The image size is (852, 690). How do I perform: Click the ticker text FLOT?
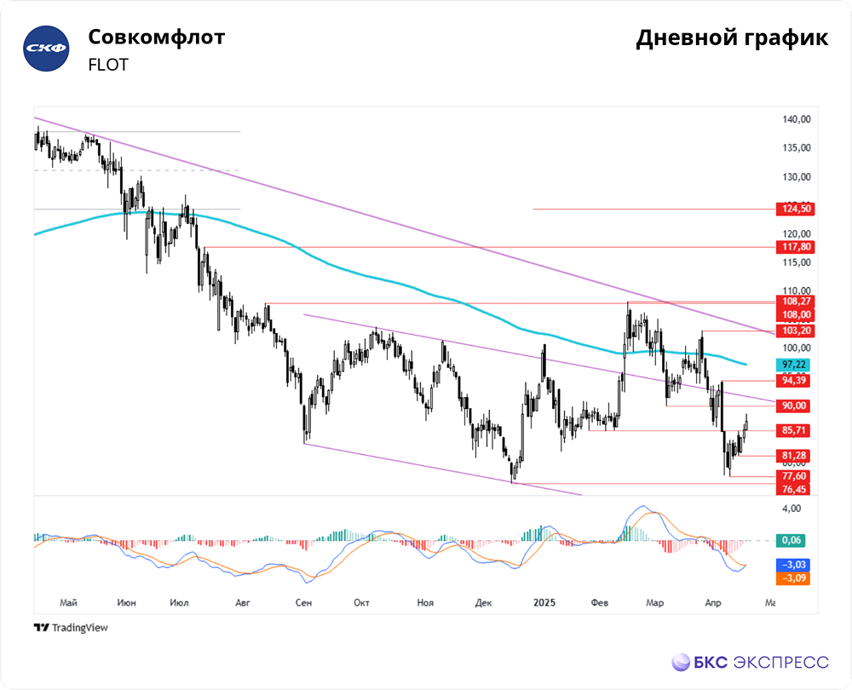(x=108, y=65)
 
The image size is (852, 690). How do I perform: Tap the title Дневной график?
(x=732, y=39)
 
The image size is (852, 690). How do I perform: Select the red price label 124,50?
(x=792, y=209)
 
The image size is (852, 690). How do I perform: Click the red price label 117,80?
(x=792, y=247)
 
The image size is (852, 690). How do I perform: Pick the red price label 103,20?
(x=792, y=331)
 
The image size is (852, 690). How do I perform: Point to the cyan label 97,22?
(x=792, y=365)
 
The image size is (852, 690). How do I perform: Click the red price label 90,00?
(x=792, y=405)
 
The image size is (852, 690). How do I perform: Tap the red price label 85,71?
(x=792, y=430)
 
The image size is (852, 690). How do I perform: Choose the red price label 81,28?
(x=792, y=456)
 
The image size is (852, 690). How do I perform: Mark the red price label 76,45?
(x=792, y=489)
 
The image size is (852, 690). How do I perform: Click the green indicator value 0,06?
(x=792, y=540)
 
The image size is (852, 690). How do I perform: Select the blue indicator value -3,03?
(x=792, y=565)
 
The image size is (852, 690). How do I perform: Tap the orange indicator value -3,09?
(x=792, y=578)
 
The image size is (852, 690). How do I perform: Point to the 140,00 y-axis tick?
(x=796, y=120)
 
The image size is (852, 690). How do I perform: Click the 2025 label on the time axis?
(x=544, y=603)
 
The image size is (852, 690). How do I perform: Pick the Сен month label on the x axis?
(x=304, y=603)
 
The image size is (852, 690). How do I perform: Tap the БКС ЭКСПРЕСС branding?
(x=750, y=662)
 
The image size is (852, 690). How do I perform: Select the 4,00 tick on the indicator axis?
(x=792, y=509)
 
